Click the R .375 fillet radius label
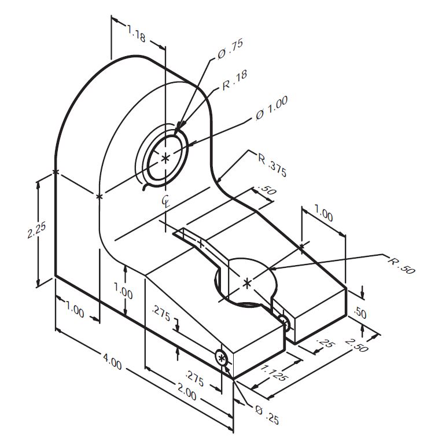(271, 165)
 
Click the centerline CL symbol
(165, 201)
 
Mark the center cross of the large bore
(166, 158)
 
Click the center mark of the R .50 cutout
(248, 282)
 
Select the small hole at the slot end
(283, 321)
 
